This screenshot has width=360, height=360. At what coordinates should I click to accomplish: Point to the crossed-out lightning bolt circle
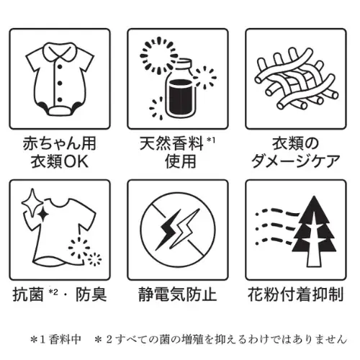click(177, 230)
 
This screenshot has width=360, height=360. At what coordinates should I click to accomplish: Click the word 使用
click(177, 160)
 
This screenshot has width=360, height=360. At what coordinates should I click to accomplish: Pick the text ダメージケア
click(296, 160)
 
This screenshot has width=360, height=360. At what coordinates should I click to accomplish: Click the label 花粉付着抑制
click(296, 294)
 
